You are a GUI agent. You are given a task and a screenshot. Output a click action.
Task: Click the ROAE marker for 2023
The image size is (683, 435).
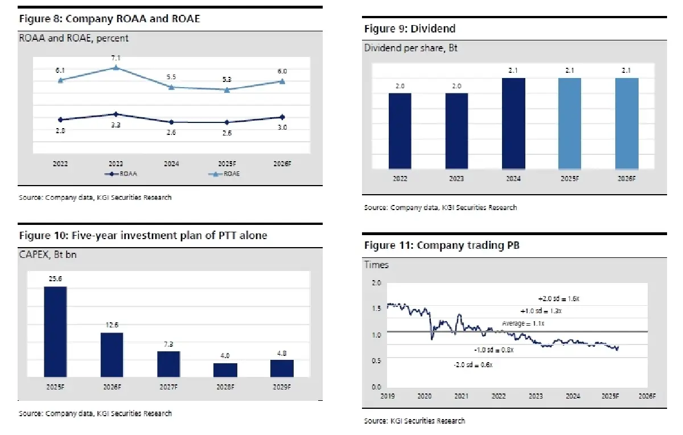(x=116, y=68)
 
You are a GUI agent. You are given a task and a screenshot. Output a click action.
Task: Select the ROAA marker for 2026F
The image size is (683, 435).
(x=282, y=117)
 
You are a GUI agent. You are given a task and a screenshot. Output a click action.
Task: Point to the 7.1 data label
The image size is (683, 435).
(x=116, y=58)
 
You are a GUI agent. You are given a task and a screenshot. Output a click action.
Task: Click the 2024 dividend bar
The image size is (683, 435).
(x=514, y=124)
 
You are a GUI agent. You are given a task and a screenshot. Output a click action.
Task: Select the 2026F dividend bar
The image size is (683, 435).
(x=627, y=124)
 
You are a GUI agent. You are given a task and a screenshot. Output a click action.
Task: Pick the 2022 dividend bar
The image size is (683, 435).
(x=400, y=131)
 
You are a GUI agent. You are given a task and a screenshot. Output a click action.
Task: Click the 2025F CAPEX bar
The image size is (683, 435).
(x=55, y=331)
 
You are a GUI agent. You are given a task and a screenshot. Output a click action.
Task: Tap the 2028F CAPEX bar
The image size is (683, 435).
(x=225, y=370)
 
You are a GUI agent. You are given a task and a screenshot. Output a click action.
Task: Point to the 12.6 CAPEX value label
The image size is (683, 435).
(x=112, y=325)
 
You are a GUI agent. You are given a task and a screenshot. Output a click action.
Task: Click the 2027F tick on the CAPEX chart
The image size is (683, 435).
(x=168, y=387)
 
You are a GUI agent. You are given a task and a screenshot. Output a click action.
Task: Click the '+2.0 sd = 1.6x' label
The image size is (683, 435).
(x=558, y=298)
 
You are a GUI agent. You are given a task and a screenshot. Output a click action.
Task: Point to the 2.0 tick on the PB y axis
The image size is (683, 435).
(x=376, y=283)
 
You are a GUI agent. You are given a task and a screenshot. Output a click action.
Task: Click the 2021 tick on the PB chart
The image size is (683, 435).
(x=461, y=396)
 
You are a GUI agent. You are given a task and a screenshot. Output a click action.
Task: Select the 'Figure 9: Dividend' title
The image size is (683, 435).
(x=410, y=28)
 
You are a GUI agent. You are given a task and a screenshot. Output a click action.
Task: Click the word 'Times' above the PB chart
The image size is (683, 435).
(x=376, y=265)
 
